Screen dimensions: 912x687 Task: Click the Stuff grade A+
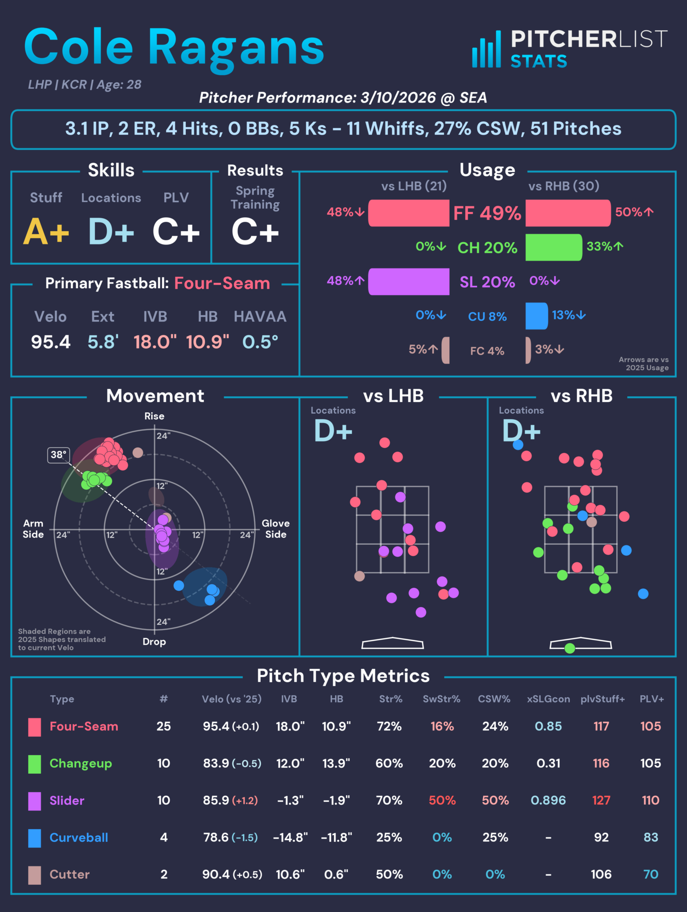(46, 232)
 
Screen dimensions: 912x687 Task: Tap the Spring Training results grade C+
(255, 232)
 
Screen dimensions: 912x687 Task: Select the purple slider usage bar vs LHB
(408, 282)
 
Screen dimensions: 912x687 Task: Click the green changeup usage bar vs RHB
(553, 247)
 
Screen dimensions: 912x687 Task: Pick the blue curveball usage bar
(536, 316)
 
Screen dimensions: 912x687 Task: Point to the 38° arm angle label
(59, 455)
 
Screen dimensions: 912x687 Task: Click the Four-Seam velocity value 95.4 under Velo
(51, 342)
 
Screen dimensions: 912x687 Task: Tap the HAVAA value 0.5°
(260, 342)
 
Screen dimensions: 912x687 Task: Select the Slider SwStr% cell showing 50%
(442, 800)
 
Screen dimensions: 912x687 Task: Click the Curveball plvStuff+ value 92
(601, 837)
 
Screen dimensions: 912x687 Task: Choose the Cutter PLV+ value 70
(650, 874)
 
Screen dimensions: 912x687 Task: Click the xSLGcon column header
(548, 699)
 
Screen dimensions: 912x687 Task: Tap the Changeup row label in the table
(80, 763)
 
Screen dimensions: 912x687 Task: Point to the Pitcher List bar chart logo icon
(487, 50)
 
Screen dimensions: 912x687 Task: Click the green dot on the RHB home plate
(570, 648)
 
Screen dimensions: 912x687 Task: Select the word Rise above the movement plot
(154, 416)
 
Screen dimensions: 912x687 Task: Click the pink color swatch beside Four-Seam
(34, 727)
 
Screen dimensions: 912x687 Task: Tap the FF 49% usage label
(487, 213)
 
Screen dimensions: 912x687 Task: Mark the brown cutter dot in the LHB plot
(359, 576)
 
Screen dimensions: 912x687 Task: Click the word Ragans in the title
(236, 48)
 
